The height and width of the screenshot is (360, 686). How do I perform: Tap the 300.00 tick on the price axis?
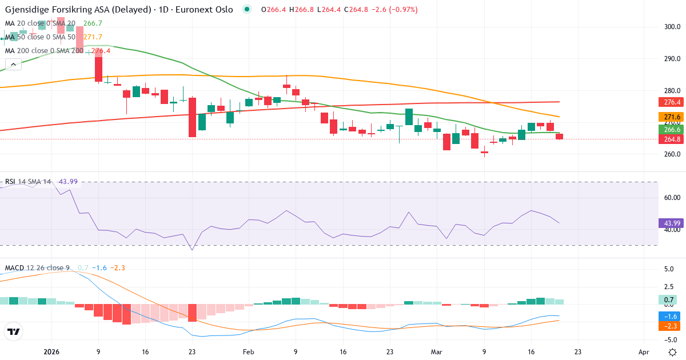coord(672,26)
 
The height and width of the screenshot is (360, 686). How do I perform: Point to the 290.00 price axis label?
coord(672,59)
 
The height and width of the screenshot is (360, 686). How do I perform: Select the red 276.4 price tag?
coord(671,102)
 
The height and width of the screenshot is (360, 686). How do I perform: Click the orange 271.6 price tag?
coord(671,117)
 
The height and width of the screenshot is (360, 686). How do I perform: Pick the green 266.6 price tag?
coord(671,130)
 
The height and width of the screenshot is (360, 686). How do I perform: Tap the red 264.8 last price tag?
coord(671,139)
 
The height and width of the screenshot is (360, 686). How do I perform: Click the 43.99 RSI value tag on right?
coord(671,223)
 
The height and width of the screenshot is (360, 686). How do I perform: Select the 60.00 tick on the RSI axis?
coord(672,198)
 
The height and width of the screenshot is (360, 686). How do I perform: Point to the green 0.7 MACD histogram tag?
coord(668,300)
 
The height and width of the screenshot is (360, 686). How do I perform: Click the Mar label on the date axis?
coord(437,352)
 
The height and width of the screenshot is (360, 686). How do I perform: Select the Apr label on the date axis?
coord(644,352)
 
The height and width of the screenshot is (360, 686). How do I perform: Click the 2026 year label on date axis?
coord(52,352)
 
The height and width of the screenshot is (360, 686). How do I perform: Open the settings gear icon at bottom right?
coord(672,351)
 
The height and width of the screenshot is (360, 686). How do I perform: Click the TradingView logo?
coord(13,331)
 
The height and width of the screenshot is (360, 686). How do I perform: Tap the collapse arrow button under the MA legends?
coord(13,64)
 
